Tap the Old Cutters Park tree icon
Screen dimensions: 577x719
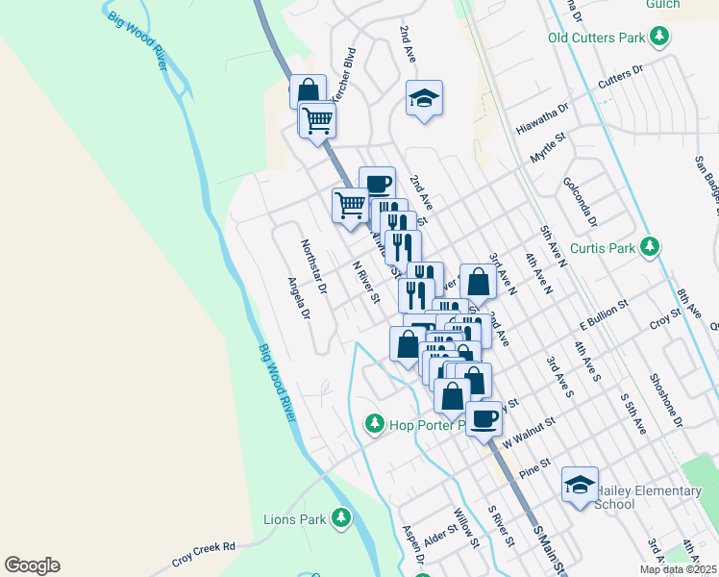tap(659, 38)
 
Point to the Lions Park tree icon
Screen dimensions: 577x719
tap(340, 519)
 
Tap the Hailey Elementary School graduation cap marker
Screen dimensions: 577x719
tap(580, 485)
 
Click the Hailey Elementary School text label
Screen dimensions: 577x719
tap(649, 497)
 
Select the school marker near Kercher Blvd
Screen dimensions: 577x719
tap(424, 98)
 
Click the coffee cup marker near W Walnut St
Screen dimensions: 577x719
tap(484, 418)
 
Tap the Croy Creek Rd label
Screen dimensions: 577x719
tap(204, 553)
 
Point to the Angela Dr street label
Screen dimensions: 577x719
tap(300, 298)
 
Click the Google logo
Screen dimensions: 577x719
tap(32, 565)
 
